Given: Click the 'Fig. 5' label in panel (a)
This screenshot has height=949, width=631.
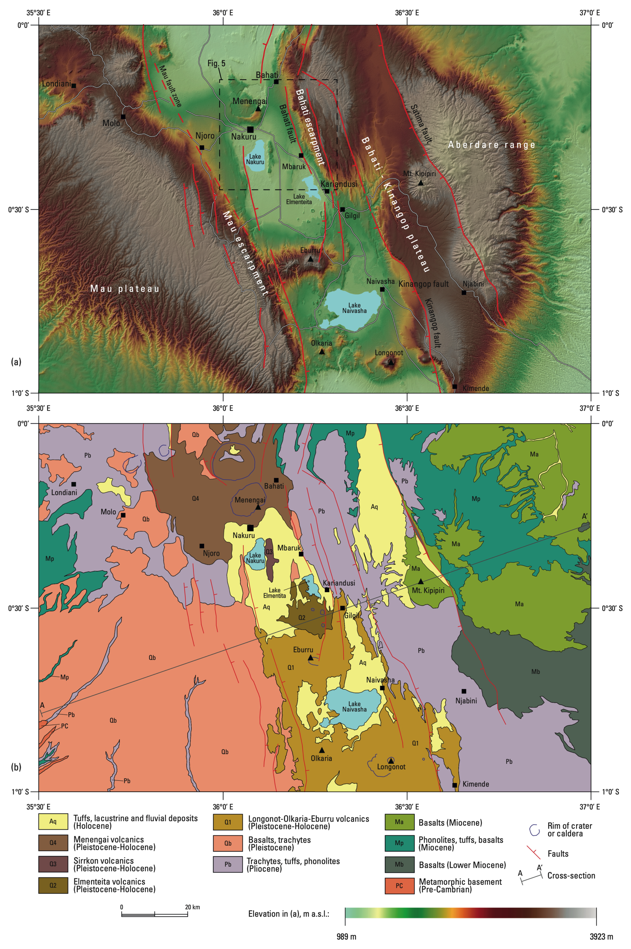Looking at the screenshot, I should (216, 63).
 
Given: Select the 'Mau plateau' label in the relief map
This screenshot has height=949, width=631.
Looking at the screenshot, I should (124, 289).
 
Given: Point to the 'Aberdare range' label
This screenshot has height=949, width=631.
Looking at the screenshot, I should (491, 145).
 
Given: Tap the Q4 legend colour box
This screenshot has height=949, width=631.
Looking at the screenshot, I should (53, 843).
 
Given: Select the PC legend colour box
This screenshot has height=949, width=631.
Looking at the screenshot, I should (399, 886).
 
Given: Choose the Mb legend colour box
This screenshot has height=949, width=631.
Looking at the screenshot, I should (399, 865).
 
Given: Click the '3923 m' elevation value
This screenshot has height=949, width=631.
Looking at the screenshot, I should (601, 937).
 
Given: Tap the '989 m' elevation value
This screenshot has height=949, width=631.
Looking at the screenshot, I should (346, 937).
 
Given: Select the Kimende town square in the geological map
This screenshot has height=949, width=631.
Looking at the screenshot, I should (454, 785).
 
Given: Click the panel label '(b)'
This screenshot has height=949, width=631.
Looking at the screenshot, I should (16, 767).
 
